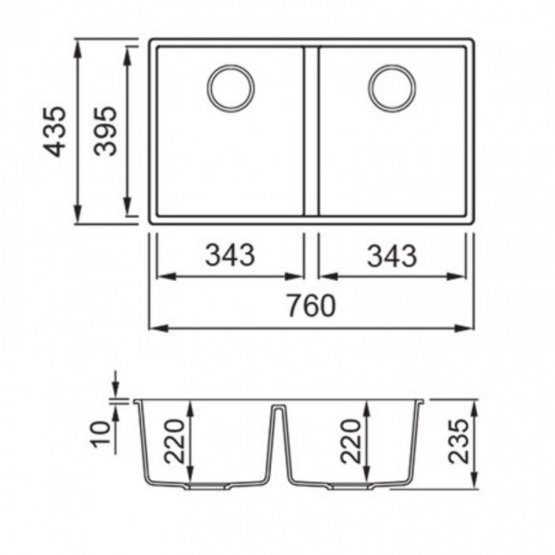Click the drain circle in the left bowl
pos(231,88)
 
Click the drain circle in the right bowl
pos(393,88)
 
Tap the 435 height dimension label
pos(55,131)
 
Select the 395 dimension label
pos(106,131)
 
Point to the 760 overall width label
pos(310,306)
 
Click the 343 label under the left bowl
pos(230,254)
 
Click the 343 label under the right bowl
pos(392,254)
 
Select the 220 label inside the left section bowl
pos(175,441)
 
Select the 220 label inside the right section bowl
pos(350,441)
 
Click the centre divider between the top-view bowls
pos(311,131)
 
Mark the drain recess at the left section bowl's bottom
pos(204,487)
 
